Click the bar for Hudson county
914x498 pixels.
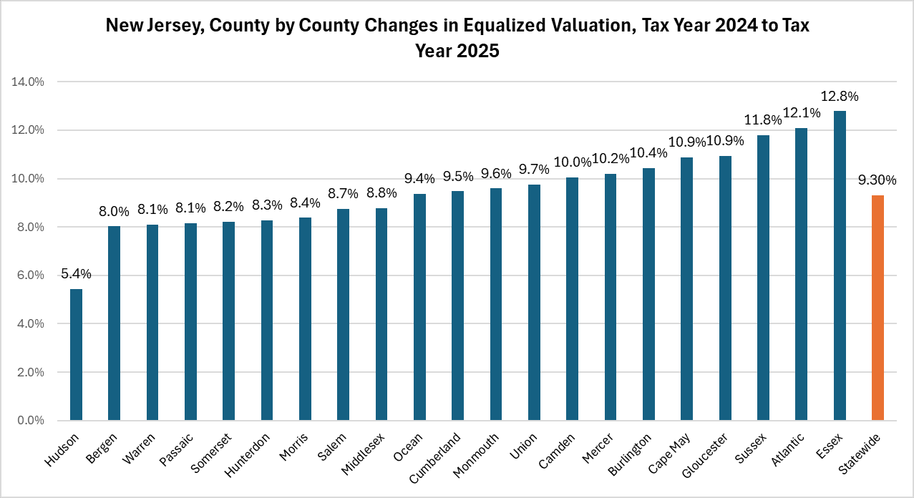[76, 355]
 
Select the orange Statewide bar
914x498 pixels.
[878, 308]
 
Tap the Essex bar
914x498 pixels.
[840, 265]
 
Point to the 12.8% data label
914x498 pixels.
[840, 96]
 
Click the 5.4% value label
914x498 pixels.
[76, 274]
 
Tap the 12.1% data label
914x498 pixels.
[802, 113]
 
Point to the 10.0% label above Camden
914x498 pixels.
[572, 162]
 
